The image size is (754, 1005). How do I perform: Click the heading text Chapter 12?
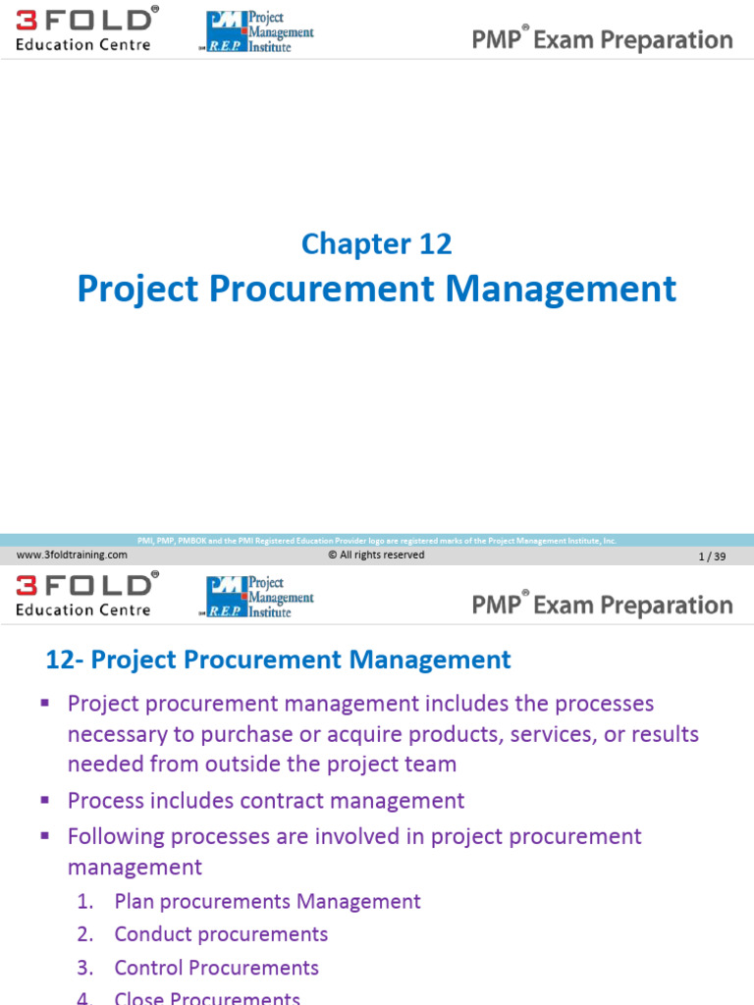point(377,243)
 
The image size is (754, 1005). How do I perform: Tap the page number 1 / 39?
point(712,556)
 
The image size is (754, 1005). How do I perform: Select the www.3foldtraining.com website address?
point(72,555)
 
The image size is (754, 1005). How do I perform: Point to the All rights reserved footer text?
point(376,555)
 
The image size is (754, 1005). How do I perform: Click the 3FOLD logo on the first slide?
point(85,30)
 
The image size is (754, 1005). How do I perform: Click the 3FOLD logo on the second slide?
point(85,596)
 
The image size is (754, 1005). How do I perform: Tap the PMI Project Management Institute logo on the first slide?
point(259,32)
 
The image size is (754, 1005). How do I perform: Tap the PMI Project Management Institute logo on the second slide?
point(259,597)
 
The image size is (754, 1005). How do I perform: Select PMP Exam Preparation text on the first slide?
point(602,40)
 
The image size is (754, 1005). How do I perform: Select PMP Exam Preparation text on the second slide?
point(602,605)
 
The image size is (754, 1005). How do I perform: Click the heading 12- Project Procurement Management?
point(279,660)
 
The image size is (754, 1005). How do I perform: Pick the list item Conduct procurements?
point(221,934)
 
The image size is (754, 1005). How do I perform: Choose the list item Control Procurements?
point(216,968)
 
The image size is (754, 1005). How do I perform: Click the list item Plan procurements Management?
point(267,901)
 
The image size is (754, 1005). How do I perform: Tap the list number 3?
point(85,968)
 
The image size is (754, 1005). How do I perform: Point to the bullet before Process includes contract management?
point(45,800)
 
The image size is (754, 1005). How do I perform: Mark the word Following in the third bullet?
point(112,836)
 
